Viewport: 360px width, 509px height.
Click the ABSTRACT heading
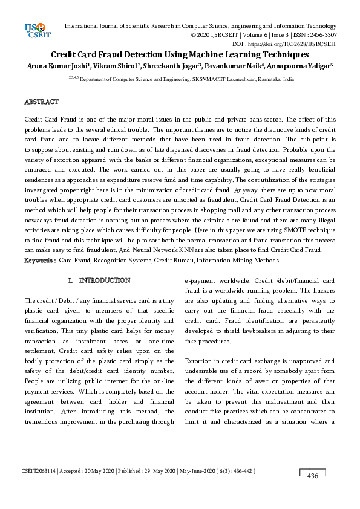pyautogui.click(x=42, y=102)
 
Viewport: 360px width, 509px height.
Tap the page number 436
pyautogui.click(x=312, y=476)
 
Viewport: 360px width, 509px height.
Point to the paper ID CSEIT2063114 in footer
pyautogui.click(x=40, y=470)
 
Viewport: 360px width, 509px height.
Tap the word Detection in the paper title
pyautogui.click(x=150, y=54)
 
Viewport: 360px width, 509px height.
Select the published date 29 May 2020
pyautogui.click(x=157, y=470)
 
